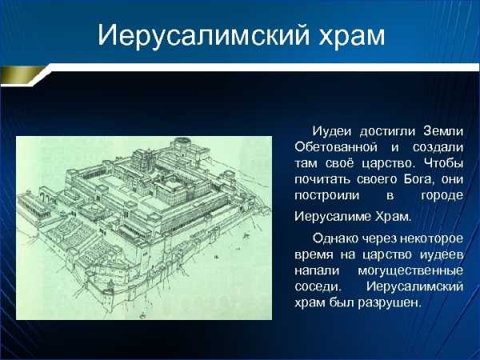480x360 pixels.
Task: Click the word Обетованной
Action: coord(336,147)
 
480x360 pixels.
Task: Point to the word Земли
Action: coord(443,132)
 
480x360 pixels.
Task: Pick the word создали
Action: coord(438,147)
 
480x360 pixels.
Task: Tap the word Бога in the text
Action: coord(419,178)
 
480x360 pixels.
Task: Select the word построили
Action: coord(326,195)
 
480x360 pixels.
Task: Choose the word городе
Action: coord(442,196)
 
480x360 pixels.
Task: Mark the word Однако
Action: coord(335,238)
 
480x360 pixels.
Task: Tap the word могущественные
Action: coord(410,271)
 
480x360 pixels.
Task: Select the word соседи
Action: coord(318,287)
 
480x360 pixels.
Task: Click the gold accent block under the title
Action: coord(21,74)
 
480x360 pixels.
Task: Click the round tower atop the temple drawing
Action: coord(182,143)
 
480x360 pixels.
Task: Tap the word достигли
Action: coord(387,132)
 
